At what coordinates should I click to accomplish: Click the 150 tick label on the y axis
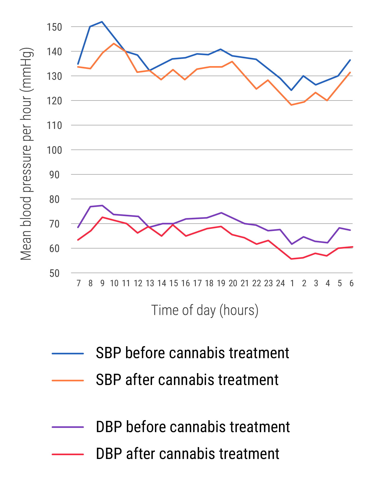click(x=54, y=27)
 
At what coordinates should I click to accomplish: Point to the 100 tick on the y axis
click(x=54, y=150)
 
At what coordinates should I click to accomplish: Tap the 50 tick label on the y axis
click(x=54, y=273)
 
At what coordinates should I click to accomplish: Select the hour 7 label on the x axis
click(x=78, y=283)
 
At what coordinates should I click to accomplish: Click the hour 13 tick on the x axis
click(x=150, y=283)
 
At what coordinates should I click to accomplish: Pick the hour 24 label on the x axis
click(x=280, y=283)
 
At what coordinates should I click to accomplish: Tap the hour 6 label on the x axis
click(x=351, y=283)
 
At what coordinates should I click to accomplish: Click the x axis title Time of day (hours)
click(x=205, y=310)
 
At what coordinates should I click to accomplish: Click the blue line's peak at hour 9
click(x=102, y=22)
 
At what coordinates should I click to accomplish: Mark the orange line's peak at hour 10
click(x=114, y=43)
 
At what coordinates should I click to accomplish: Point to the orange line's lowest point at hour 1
click(x=292, y=105)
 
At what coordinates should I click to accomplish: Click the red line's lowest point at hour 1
click(x=292, y=259)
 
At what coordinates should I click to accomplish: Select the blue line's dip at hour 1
click(x=291, y=90)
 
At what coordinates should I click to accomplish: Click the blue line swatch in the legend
click(x=68, y=353)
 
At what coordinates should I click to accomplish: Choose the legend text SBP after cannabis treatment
click(x=187, y=380)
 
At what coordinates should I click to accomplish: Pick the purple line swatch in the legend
click(x=68, y=427)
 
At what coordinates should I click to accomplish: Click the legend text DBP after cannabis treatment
click(x=188, y=454)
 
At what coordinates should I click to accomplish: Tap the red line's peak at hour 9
click(x=102, y=217)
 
